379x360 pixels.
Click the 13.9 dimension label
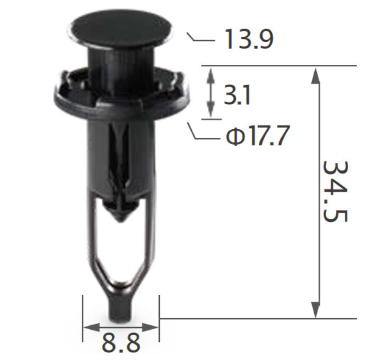(x=249, y=39)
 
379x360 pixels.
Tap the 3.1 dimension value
(x=237, y=95)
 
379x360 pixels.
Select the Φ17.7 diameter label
(x=258, y=136)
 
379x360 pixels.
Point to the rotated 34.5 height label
(x=335, y=191)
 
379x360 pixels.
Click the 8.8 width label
(x=121, y=342)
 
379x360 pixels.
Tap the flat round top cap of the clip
(x=120, y=29)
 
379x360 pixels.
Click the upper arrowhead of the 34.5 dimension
(x=315, y=76)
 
